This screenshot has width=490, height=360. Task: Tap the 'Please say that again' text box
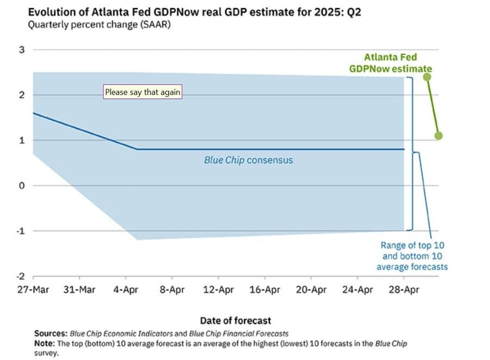(x=142, y=92)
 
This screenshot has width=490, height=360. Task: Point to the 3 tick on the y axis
(x=22, y=50)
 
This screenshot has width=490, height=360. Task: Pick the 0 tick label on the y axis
(x=22, y=186)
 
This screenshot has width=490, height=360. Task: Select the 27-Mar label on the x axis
(x=33, y=290)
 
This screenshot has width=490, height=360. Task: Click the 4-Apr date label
(x=125, y=290)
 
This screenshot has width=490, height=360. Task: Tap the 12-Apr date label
(x=218, y=290)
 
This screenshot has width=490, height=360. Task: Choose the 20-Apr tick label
(x=310, y=290)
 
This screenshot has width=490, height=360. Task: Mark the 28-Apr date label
(x=403, y=290)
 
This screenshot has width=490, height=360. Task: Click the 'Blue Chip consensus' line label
(x=248, y=160)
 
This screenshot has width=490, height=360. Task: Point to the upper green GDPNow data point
(x=427, y=77)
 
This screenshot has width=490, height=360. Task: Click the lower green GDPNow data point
(x=439, y=136)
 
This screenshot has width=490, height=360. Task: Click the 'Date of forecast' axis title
(x=235, y=320)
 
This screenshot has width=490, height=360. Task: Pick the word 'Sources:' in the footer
(x=50, y=333)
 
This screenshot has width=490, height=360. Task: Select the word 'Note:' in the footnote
(x=45, y=343)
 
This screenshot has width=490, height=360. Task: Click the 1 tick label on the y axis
(x=22, y=141)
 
